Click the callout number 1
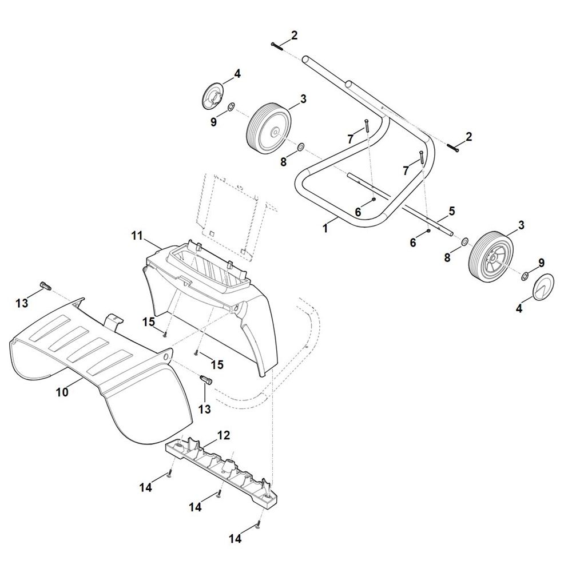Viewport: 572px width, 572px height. [x=325, y=228]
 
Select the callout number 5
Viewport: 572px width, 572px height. [x=452, y=211]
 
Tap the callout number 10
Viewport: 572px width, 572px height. [x=62, y=392]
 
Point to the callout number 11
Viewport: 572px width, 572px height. [x=137, y=236]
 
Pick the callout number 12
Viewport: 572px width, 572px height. [x=224, y=435]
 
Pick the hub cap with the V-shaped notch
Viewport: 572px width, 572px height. [x=543, y=286]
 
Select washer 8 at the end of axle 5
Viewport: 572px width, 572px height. [x=465, y=241]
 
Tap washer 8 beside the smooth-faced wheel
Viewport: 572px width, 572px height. [x=301, y=147]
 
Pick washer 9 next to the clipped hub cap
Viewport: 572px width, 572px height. [x=231, y=108]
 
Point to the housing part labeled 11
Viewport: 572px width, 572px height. [x=210, y=299]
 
